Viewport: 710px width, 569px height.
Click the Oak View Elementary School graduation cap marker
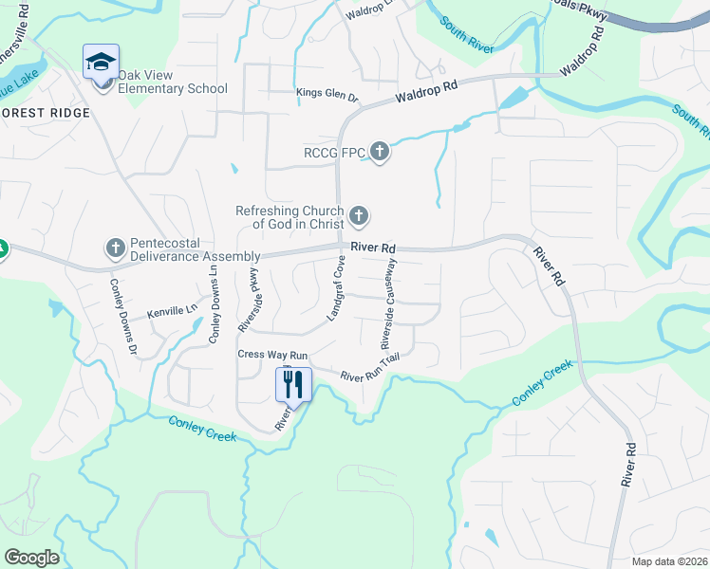[x=101, y=62]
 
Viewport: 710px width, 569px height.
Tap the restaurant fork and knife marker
[x=292, y=384]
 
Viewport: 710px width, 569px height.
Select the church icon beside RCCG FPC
[x=380, y=150]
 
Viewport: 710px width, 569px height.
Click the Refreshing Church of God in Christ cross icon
[x=359, y=217]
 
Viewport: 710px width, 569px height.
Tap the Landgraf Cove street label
[x=336, y=292]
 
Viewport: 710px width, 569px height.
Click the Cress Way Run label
[x=272, y=354]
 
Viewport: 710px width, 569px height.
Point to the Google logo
[x=31, y=558]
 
